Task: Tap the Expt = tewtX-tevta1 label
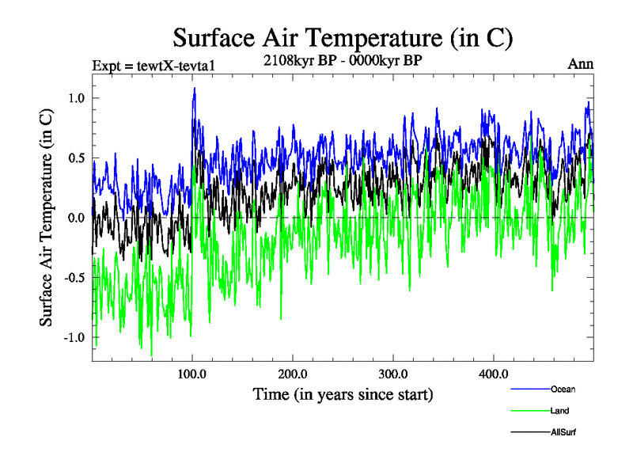[x=154, y=65]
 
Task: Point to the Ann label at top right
[x=581, y=64]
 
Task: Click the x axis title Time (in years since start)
[x=343, y=393]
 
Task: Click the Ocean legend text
[x=563, y=389]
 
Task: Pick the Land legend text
[x=560, y=411]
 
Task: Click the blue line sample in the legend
[x=528, y=389]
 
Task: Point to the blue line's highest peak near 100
[x=194, y=89]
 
